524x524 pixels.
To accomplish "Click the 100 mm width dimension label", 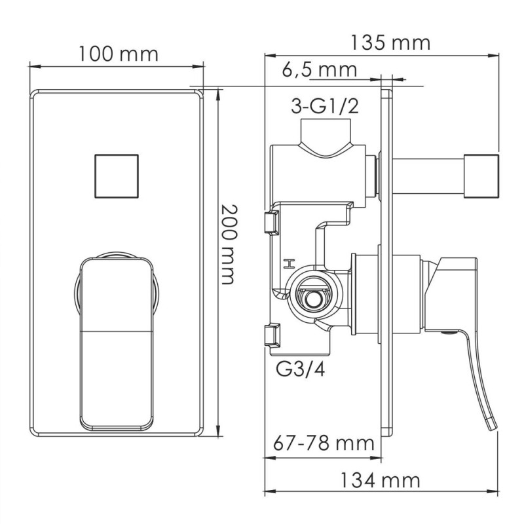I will click(119, 53).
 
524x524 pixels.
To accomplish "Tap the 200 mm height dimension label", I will click(227, 244).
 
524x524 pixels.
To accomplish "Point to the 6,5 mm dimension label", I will click(320, 69).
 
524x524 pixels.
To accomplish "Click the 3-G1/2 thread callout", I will click(326, 107).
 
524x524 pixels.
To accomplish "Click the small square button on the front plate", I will click(117, 176).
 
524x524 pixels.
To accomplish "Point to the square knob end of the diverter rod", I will click(481, 175).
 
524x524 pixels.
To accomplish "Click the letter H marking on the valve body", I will click(286, 264).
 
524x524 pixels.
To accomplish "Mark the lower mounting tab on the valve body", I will click(269, 335).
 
